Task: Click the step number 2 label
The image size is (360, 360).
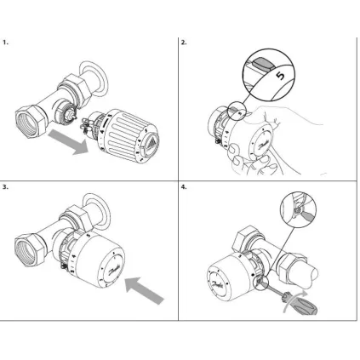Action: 184,41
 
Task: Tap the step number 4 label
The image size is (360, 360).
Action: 184,185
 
